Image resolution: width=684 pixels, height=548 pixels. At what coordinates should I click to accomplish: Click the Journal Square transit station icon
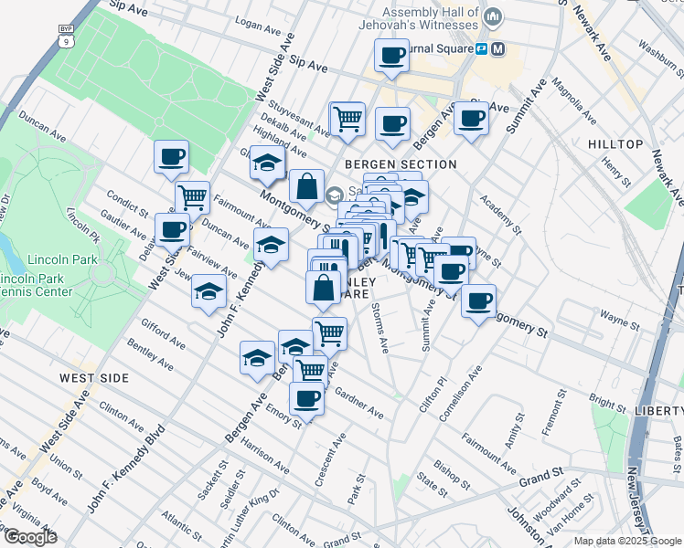(x=498, y=49)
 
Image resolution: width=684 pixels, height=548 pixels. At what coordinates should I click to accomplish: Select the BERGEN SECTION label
(x=401, y=163)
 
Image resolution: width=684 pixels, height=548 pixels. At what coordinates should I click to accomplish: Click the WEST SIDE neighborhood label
(x=94, y=377)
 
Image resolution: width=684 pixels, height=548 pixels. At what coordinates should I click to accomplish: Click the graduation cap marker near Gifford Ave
(x=208, y=291)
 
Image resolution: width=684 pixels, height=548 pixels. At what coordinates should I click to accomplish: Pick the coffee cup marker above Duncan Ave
(x=171, y=157)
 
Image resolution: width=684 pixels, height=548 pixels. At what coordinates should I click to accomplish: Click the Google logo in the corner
(x=29, y=537)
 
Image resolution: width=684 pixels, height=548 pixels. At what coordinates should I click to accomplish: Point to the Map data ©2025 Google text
(x=627, y=541)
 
